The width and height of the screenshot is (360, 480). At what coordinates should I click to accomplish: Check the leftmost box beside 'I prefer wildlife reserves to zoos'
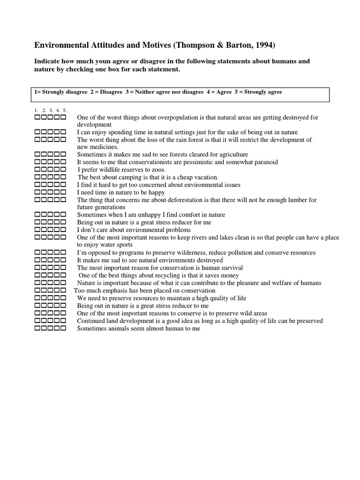pyautogui.click(x=38, y=169)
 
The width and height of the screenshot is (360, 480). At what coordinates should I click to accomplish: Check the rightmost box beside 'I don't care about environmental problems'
pyautogui.click(x=63, y=230)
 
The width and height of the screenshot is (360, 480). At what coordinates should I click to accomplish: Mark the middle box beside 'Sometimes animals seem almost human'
pyautogui.click(x=50, y=329)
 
